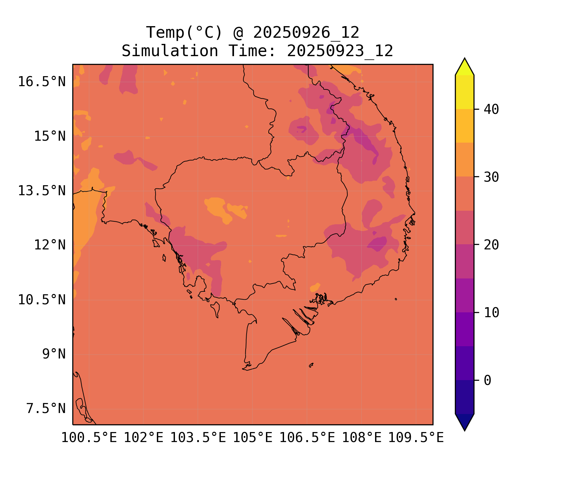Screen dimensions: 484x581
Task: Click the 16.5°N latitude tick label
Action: [42, 82]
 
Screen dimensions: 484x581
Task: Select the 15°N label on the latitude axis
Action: [50, 136]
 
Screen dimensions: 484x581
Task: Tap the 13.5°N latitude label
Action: [42, 191]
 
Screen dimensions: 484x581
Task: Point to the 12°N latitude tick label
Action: [50, 245]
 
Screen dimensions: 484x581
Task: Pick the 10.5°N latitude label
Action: [42, 300]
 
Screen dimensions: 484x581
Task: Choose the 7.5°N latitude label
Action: [46, 408]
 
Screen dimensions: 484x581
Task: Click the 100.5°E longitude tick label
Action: [89, 438]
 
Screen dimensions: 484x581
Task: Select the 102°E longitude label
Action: [144, 438]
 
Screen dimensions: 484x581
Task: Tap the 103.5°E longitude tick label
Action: [198, 438]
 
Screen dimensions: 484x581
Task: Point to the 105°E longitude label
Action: [252, 438]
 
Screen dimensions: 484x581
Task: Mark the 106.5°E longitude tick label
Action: [307, 438]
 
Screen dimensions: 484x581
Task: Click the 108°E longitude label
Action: [362, 438]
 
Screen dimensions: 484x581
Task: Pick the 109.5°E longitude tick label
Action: [416, 438]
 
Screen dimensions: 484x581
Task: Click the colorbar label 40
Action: [491, 109]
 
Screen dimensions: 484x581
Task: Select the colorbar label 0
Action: [487, 380]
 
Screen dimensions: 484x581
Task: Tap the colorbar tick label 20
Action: [491, 245]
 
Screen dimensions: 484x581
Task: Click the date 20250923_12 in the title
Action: [340, 51]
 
